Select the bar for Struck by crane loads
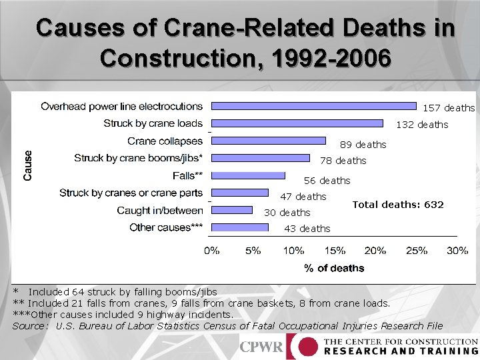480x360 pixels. [x=297, y=123]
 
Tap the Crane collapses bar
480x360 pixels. [x=269, y=141]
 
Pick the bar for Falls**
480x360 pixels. [x=248, y=175]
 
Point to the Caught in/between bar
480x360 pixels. [x=232, y=210]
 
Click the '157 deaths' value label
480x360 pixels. [x=449, y=108]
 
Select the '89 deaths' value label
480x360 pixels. [x=363, y=145]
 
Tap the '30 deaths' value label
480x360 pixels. [x=287, y=213]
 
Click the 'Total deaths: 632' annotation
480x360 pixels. [x=397, y=205]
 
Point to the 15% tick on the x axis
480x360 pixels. [x=335, y=251]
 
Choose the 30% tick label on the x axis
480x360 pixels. [x=457, y=251]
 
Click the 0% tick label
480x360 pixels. [x=212, y=251]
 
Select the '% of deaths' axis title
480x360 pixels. [x=334, y=268]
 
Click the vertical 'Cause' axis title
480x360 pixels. [x=28, y=165]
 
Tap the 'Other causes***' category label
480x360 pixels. [x=166, y=227]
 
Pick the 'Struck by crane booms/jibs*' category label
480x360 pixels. [x=138, y=158]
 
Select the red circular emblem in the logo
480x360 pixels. [x=306, y=347]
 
